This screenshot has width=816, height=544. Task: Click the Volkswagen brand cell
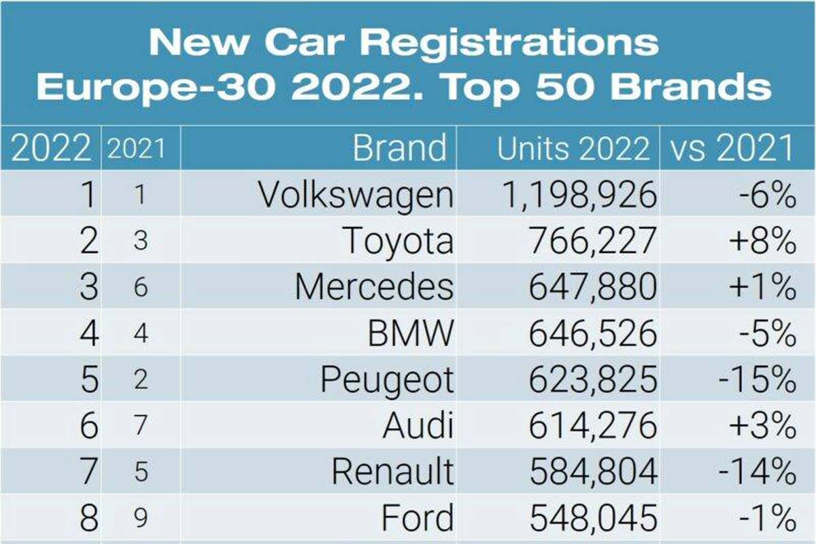point(356,195)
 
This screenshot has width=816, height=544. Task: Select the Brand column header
point(400,148)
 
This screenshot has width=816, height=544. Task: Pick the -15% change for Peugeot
point(757,380)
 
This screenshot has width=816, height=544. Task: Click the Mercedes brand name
point(374,288)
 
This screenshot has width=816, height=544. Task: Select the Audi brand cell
point(418,426)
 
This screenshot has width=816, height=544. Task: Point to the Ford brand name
point(417,519)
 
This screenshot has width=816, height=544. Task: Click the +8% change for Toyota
point(761,241)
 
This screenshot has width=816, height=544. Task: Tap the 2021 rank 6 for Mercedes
point(141,288)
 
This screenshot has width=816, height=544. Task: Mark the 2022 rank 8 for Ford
point(88,519)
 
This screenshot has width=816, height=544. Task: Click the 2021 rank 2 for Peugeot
point(141,380)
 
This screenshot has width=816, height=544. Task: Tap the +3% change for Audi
point(761,426)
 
